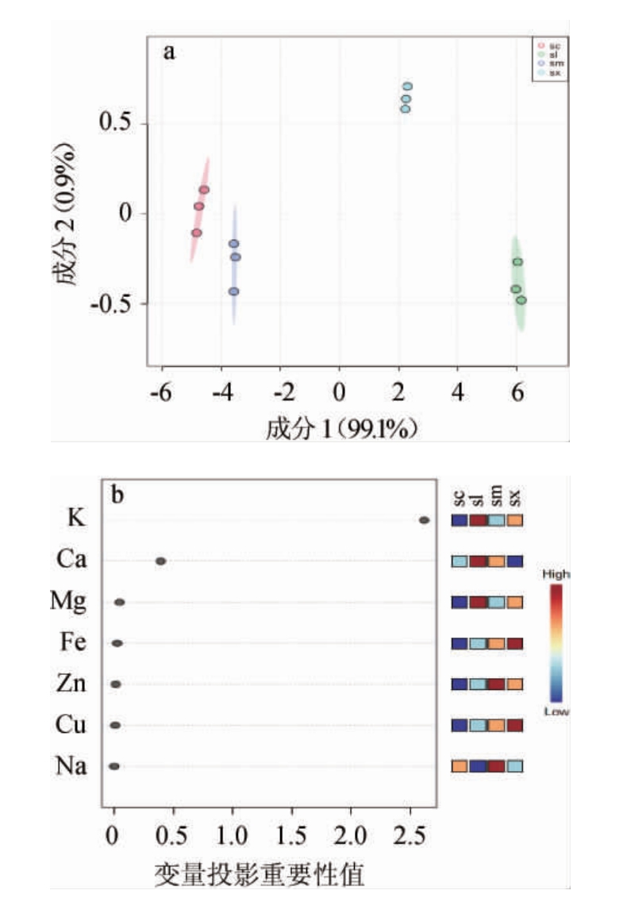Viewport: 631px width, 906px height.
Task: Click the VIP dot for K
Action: (x=424, y=520)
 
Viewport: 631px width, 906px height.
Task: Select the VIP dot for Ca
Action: (x=160, y=561)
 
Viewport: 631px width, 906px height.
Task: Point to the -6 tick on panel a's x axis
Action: (x=161, y=393)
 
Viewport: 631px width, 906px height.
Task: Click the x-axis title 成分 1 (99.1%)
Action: (x=342, y=429)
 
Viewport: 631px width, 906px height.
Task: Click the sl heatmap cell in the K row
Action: (x=478, y=521)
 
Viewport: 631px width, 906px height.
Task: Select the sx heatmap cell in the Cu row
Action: (x=514, y=726)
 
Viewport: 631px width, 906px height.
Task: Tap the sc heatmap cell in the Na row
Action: (x=460, y=767)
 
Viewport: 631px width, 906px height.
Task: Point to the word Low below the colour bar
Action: (x=556, y=711)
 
